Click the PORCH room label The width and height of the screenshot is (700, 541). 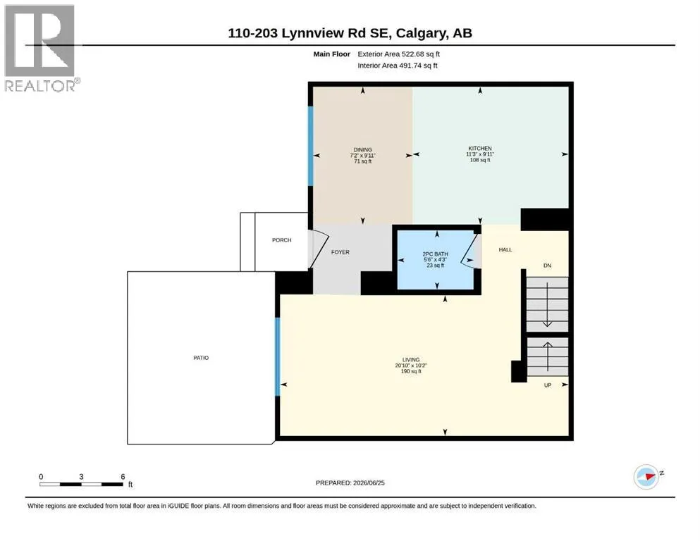282,240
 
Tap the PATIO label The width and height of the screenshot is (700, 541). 201,358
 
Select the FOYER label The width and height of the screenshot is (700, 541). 340,252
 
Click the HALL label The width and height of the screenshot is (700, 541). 505,250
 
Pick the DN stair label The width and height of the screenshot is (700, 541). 547,266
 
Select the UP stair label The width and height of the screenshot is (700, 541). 548,385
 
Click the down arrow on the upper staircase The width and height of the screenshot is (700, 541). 547,304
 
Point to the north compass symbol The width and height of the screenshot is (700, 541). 647,477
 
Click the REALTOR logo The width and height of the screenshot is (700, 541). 41,48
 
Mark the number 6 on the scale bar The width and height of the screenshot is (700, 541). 123,477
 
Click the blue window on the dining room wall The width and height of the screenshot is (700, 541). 311,146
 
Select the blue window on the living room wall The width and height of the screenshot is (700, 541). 277,357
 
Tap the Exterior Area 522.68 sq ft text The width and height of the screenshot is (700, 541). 399,54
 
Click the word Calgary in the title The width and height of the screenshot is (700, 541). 421,33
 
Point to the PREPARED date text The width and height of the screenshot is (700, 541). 350,483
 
